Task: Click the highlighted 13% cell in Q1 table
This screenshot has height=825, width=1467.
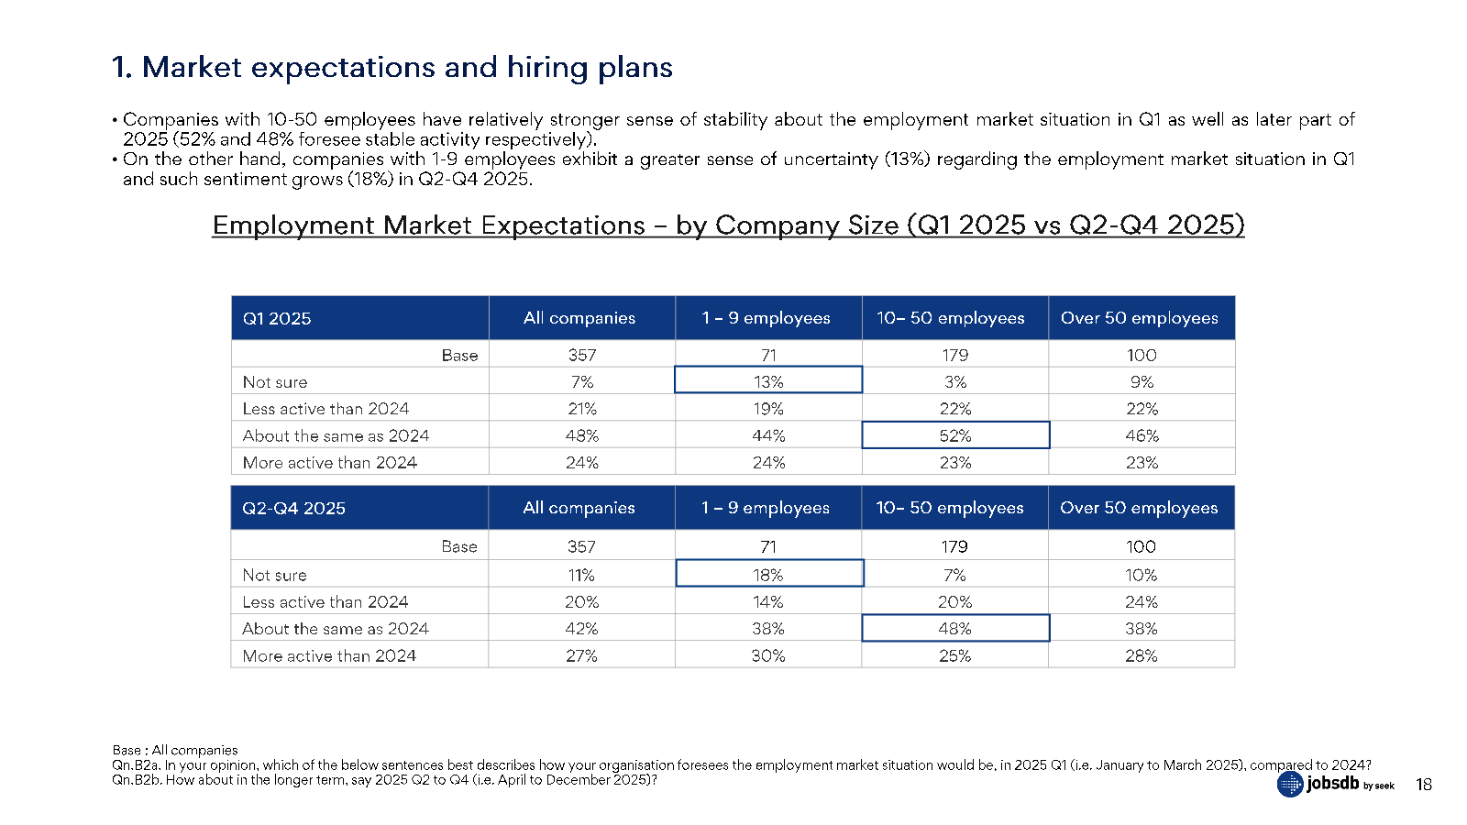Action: (x=768, y=379)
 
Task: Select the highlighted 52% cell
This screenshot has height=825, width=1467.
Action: (x=955, y=434)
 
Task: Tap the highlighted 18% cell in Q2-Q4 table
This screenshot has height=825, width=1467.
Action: (x=769, y=573)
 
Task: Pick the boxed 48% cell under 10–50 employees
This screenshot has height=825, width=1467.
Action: (x=955, y=628)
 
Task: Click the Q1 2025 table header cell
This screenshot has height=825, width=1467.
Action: (x=359, y=317)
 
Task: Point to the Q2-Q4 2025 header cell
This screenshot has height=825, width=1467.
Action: (x=359, y=508)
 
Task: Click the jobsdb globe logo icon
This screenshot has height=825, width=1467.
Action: (x=1290, y=784)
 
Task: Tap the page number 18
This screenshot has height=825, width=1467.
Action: (x=1424, y=785)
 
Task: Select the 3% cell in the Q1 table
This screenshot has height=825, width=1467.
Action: (x=955, y=381)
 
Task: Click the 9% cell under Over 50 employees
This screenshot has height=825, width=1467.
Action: (x=1142, y=381)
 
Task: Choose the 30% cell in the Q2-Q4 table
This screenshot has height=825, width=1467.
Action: (x=768, y=655)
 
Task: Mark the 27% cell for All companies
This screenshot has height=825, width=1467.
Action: (x=581, y=655)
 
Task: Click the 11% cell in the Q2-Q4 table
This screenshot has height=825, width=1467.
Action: (x=581, y=574)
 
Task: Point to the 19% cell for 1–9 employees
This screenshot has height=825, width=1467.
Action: (x=768, y=409)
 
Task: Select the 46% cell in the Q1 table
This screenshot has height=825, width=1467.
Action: (x=1142, y=435)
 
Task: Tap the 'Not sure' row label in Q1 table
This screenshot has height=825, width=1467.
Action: (x=274, y=381)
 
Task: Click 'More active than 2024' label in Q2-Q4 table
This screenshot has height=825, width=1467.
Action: (x=329, y=655)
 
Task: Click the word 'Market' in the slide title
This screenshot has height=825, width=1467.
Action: (x=192, y=67)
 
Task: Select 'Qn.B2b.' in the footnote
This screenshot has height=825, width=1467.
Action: (x=137, y=780)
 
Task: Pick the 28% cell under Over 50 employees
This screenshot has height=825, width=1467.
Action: (x=1142, y=655)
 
